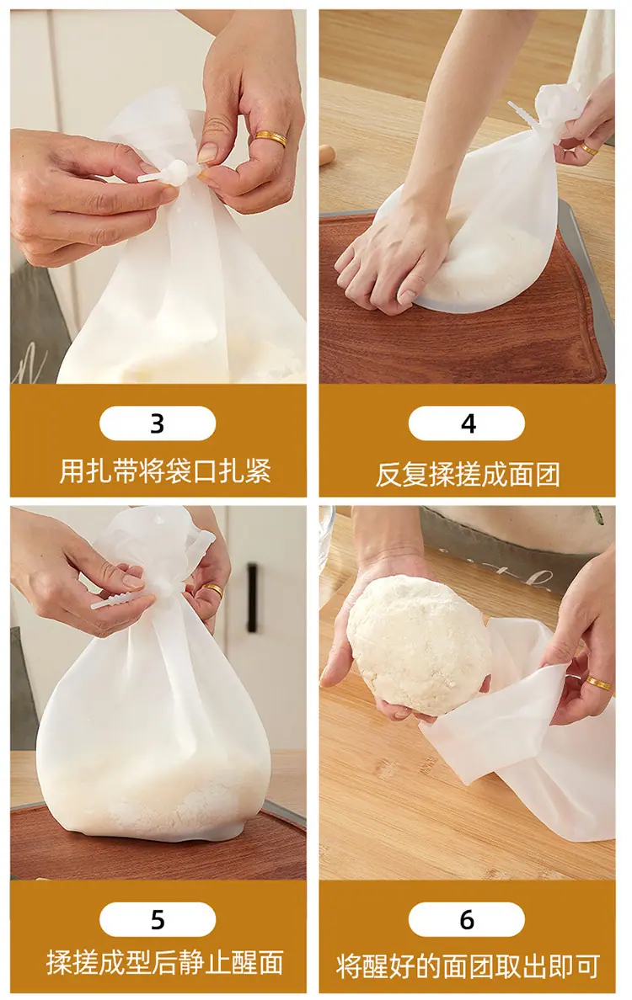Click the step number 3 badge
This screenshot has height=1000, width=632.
point(158,423)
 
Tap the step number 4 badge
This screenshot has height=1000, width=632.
point(467,423)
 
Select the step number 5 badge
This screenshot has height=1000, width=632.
point(158,920)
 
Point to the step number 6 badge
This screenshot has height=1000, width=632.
point(467,920)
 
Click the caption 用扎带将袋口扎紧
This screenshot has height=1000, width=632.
point(165,471)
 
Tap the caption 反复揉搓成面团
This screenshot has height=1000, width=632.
point(468,475)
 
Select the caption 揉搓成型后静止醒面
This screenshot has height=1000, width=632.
point(164,963)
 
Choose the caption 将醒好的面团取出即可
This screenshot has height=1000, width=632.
point(468,966)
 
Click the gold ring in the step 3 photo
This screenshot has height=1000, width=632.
point(270,138)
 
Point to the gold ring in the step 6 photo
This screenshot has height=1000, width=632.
point(598,683)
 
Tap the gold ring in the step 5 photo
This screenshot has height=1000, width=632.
point(213,589)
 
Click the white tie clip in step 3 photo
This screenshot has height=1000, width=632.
point(164,173)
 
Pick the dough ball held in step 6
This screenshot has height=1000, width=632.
point(419,645)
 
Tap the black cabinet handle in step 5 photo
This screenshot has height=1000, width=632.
point(253,598)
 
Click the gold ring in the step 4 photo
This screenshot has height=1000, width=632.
point(588,150)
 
